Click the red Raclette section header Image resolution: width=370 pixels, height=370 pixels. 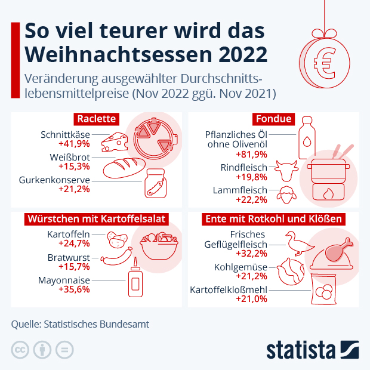(x=96, y=119)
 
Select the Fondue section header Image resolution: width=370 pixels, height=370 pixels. (x=274, y=119)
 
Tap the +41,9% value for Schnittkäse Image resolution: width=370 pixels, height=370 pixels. (x=74, y=144)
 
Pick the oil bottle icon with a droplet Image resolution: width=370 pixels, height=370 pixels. (x=306, y=132)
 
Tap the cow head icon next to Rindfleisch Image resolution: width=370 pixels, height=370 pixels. (x=286, y=171)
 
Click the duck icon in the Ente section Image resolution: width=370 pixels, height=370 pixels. (x=298, y=243)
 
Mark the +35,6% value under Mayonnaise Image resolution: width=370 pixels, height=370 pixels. (x=74, y=289)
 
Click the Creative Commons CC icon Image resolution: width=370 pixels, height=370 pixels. (x=20, y=349)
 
